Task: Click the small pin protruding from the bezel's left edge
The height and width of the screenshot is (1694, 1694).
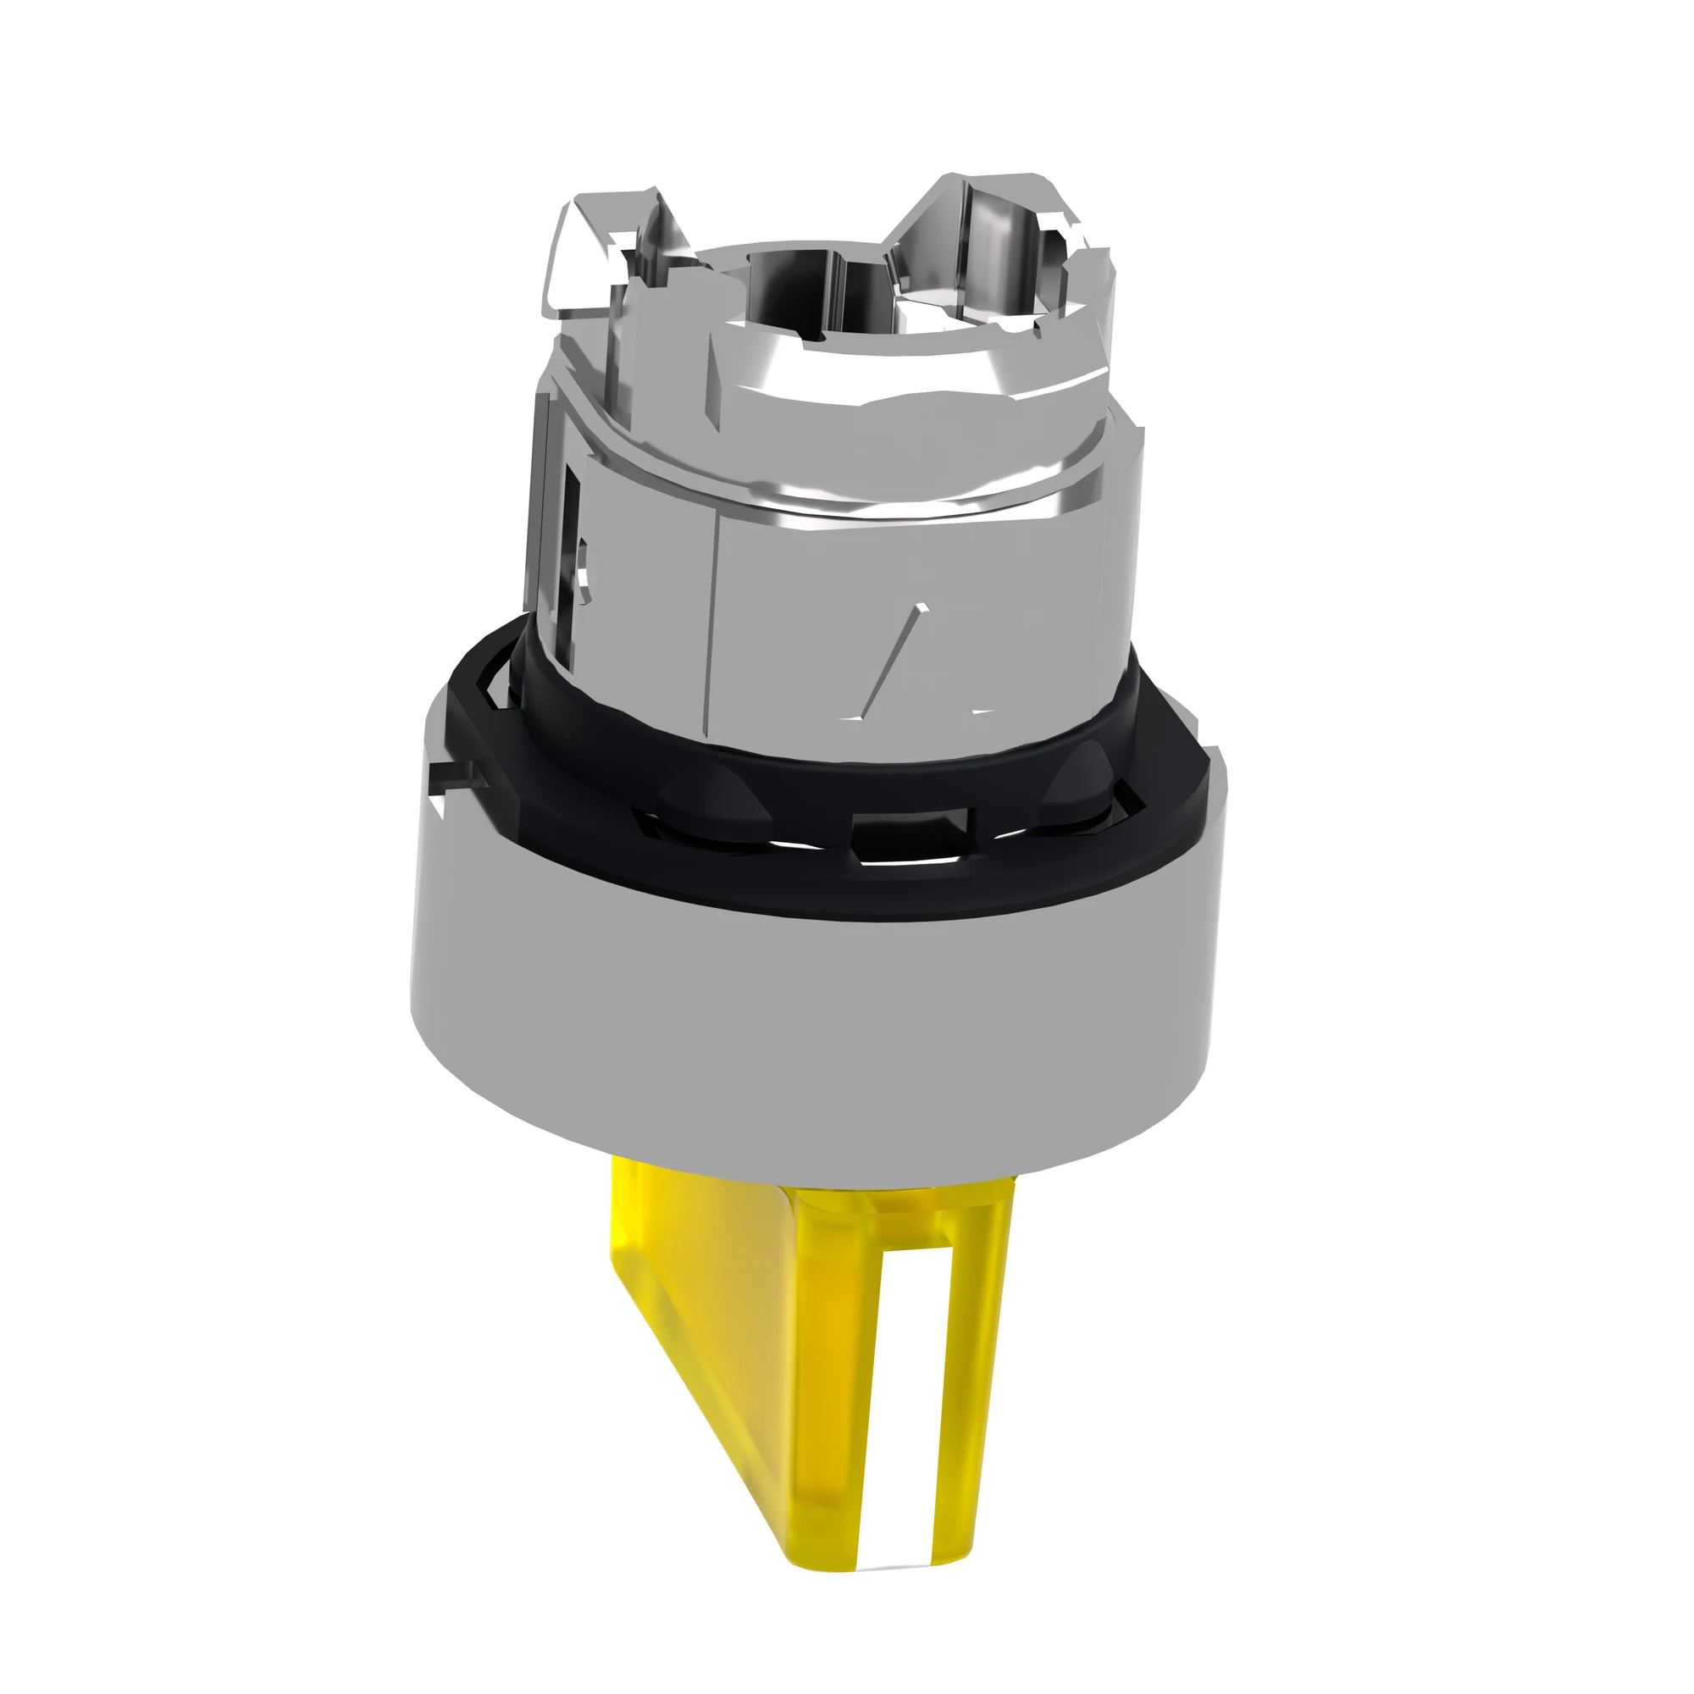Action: click(x=456, y=772)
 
